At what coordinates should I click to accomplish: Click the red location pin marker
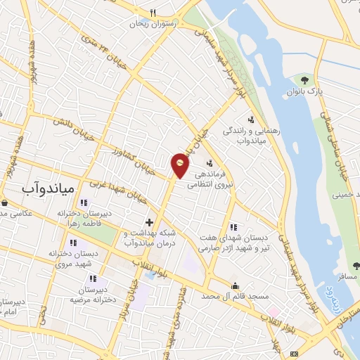181,164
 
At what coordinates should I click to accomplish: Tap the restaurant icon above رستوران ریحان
153,12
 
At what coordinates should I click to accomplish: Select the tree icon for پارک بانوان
304,80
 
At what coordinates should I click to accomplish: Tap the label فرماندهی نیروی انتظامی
220,179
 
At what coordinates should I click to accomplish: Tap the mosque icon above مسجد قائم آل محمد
235,285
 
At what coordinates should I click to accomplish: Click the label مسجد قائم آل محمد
237,297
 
